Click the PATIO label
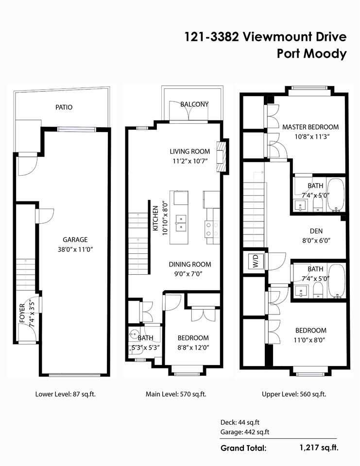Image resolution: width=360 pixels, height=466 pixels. pyautogui.click(x=64, y=107)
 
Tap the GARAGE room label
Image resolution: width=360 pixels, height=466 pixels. pyautogui.click(x=75, y=239)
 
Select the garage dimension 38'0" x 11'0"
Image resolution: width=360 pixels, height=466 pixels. pyautogui.click(x=76, y=250)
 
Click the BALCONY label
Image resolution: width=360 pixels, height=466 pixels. pyautogui.click(x=194, y=104)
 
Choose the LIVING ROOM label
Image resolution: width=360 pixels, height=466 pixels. pyautogui.click(x=190, y=151)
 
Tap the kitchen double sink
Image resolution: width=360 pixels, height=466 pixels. pyautogui.click(x=181, y=223)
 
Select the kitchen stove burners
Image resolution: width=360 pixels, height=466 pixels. pyautogui.click(x=212, y=229)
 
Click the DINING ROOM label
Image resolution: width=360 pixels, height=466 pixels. pyautogui.click(x=190, y=264)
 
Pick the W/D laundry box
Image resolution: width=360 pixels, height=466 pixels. pyautogui.click(x=255, y=261)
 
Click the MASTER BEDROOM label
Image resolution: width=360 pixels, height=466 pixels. pyautogui.click(x=310, y=127)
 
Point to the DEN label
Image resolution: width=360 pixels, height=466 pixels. pyautogui.click(x=316, y=231)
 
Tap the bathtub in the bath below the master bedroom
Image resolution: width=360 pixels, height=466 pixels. pyautogui.click(x=336, y=195)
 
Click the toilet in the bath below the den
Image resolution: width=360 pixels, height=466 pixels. pyautogui.click(x=318, y=289)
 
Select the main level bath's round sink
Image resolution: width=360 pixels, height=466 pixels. pyautogui.click(x=133, y=335)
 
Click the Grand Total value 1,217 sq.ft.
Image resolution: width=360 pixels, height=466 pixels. pyautogui.click(x=319, y=448)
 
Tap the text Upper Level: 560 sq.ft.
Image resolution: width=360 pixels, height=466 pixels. pyautogui.click(x=294, y=394)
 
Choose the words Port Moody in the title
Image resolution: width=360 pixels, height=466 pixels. pyautogui.click(x=312, y=54)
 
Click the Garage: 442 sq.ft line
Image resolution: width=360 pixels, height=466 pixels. pyautogui.click(x=244, y=432)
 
